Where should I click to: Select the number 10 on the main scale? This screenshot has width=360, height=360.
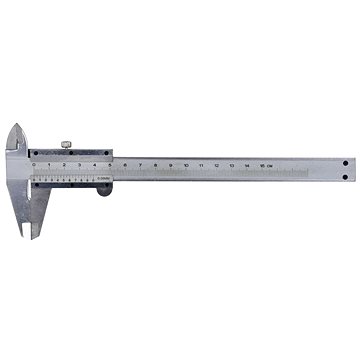pyautogui.click(x=186, y=163)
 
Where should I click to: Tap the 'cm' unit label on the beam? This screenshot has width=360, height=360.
pyautogui.click(x=271, y=163)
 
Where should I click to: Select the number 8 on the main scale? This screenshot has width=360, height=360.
pyautogui.click(x=155, y=163)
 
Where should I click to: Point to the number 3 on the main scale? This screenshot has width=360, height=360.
pyautogui.click(x=79, y=163)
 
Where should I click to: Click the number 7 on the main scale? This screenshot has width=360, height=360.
pyautogui.click(x=140, y=163)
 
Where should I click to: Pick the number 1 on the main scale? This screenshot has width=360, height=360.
pyautogui.click(x=48, y=163)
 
